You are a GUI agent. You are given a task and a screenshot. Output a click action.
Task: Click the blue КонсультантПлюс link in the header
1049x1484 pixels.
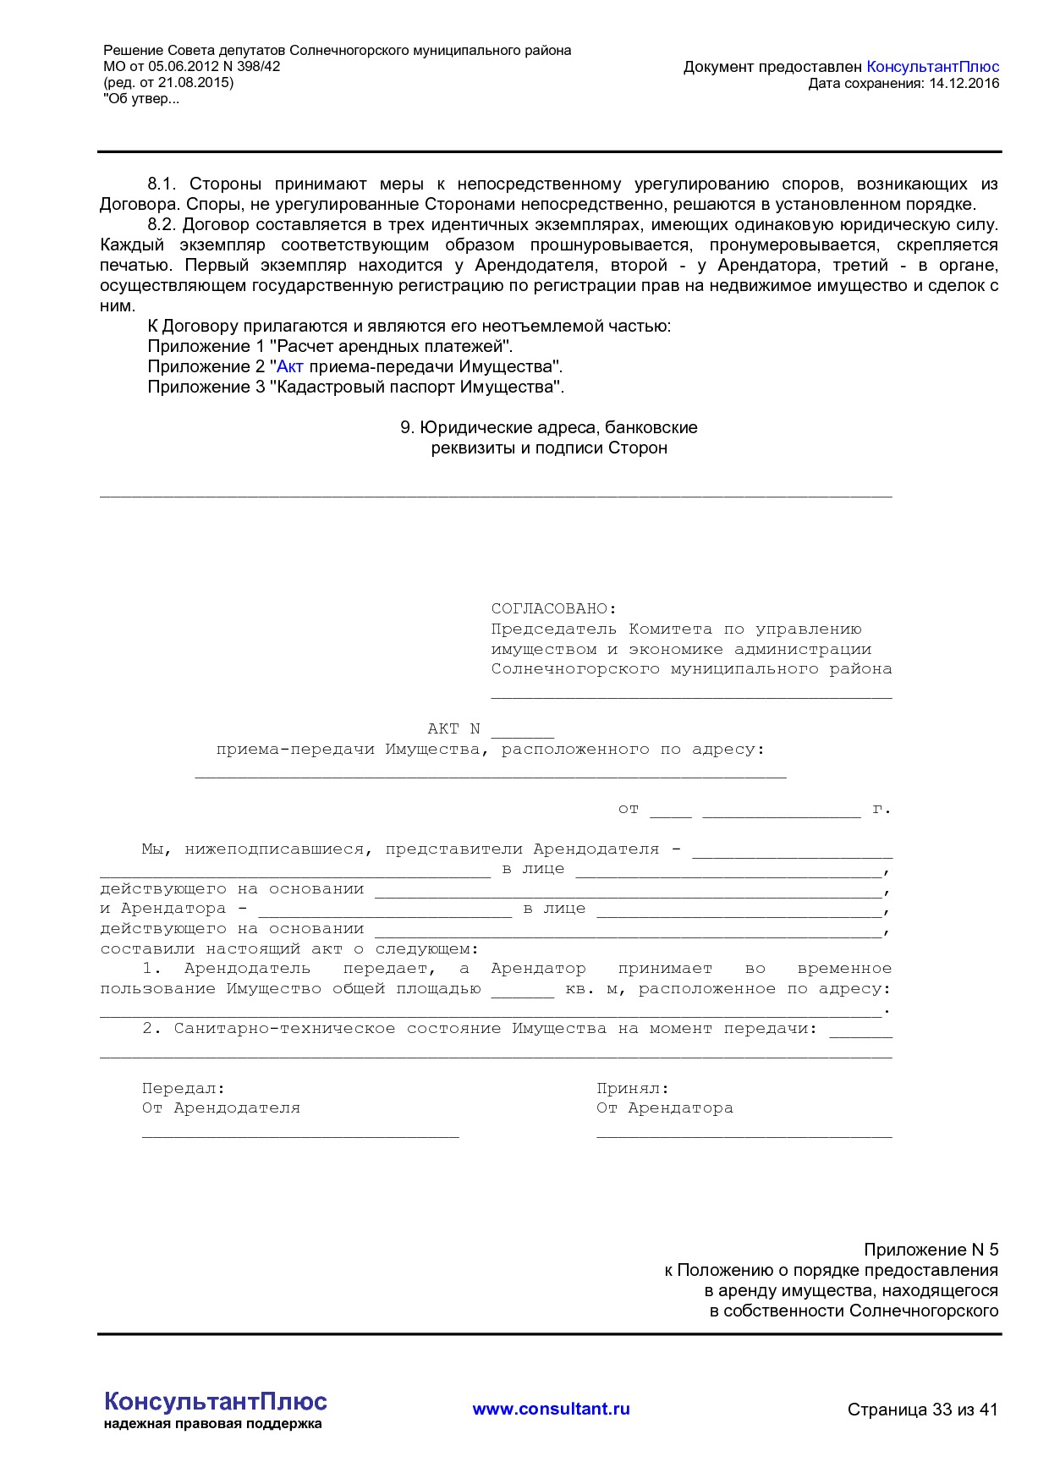[x=932, y=67]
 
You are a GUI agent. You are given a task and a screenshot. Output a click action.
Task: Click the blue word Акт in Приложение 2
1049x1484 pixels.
[x=289, y=366]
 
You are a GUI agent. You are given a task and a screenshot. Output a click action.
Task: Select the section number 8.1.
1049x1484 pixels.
[x=161, y=184]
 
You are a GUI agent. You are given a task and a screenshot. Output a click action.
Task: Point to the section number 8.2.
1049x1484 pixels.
[x=161, y=224]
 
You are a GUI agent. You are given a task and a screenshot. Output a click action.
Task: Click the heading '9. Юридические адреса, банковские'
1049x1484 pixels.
[x=548, y=427]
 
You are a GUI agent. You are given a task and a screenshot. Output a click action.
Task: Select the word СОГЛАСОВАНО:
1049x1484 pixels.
[x=554, y=608]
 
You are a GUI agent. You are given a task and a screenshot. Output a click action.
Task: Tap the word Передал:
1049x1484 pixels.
[x=184, y=1088]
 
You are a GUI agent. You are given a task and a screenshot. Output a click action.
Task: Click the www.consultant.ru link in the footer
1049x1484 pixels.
[x=551, y=1409]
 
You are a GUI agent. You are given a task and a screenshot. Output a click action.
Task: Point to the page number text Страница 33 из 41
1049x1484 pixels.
[x=922, y=1410]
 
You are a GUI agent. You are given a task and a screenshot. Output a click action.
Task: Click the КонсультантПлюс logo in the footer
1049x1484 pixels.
[x=215, y=1401]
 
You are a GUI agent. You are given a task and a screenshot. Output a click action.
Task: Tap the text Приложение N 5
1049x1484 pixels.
[x=931, y=1250]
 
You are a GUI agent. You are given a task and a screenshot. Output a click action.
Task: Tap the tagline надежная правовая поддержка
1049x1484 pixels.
[x=213, y=1424]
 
